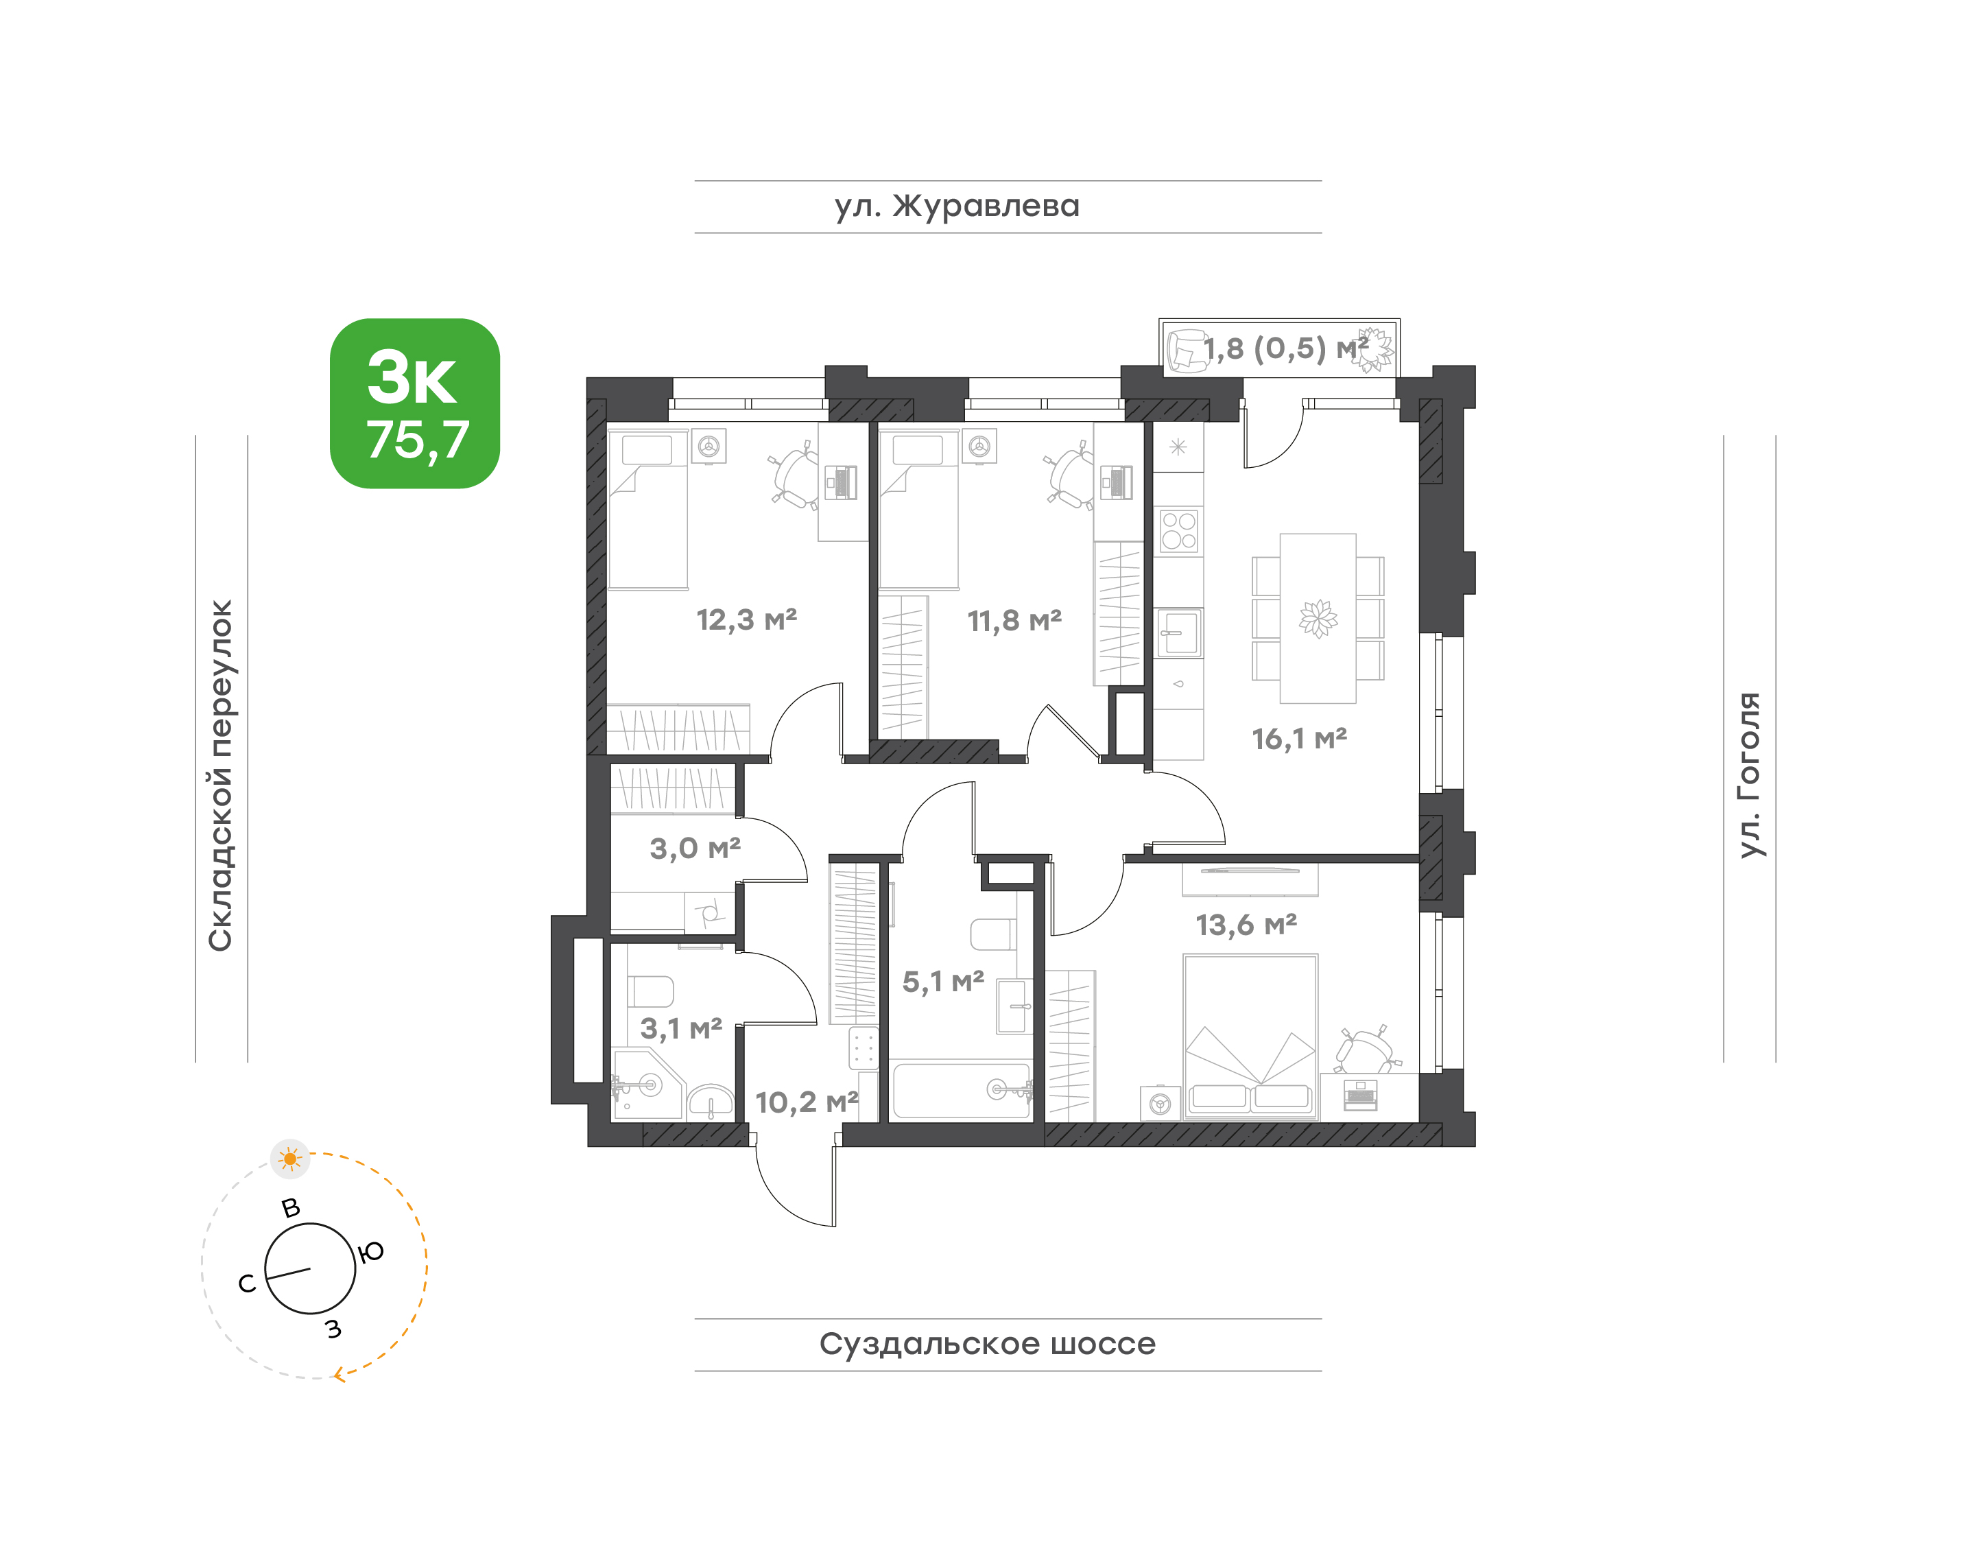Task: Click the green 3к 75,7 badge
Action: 415,403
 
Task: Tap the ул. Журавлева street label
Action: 957,207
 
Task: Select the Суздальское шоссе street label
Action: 987,1344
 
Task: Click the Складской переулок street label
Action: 221,775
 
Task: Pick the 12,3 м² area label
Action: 746,620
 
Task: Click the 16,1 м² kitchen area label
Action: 1300,739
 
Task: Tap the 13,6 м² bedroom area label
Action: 1246,925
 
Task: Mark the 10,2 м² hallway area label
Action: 807,1102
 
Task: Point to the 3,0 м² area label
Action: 695,849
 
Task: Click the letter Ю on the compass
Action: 372,1253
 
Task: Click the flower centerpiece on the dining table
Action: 1318,618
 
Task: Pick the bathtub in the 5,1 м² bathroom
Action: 961,1091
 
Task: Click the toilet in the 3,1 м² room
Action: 650,991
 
